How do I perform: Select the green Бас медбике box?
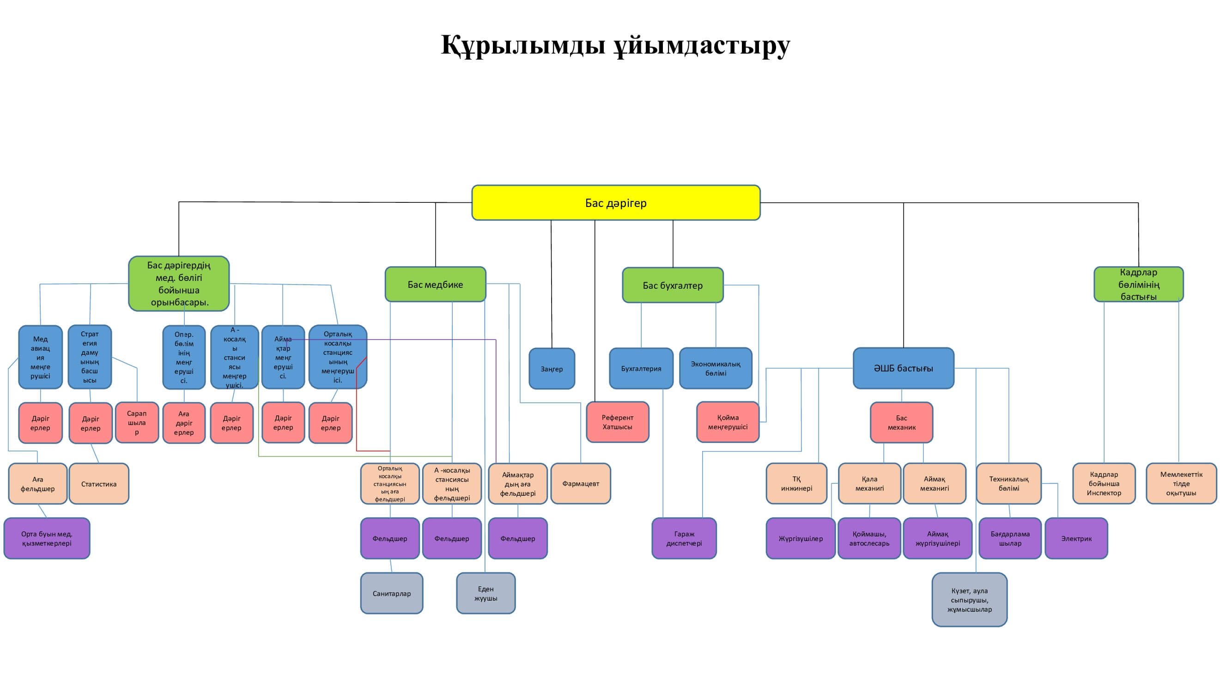pyautogui.click(x=435, y=285)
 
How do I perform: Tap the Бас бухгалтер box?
pyautogui.click(x=673, y=286)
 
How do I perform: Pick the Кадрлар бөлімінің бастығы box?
pyautogui.click(x=1138, y=285)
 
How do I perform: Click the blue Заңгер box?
pyautogui.click(x=552, y=369)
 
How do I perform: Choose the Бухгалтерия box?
pyautogui.click(x=641, y=369)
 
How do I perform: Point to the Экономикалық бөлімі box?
pyautogui.click(x=716, y=369)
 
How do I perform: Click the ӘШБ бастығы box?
pyautogui.click(x=903, y=368)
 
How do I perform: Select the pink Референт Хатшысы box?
pyautogui.click(x=617, y=422)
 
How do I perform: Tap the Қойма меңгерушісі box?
pyautogui.click(x=728, y=422)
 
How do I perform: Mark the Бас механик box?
pyautogui.click(x=901, y=423)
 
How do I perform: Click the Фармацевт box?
pyautogui.click(x=580, y=484)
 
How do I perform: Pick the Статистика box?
pyautogui.click(x=98, y=484)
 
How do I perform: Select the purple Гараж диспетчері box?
pyautogui.click(x=684, y=539)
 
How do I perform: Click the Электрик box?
pyautogui.click(x=1076, y=539)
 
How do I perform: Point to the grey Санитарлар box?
pyautogui.click(x=391, y=594)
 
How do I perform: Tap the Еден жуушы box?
pyautogui.click(x=486, y=594)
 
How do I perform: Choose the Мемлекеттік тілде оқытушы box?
pyautogui.click(x=1181, y=484)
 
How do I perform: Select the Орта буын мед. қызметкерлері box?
pyautogui.click(x=46, y=539)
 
